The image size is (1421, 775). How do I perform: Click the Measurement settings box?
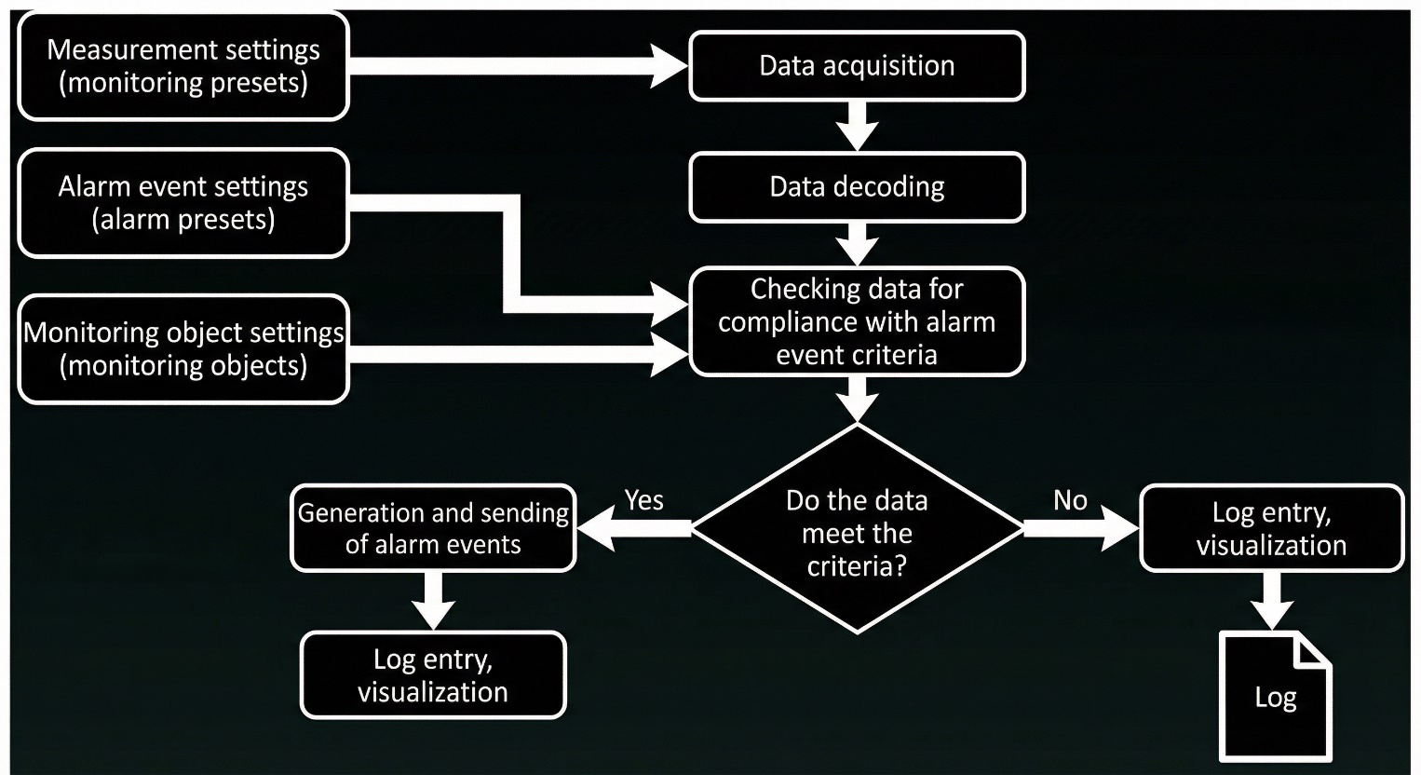point(183,66)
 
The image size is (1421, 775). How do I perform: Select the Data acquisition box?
point(857,66)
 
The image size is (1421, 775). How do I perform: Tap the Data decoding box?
point(857,187)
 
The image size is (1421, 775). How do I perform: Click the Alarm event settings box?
point(183,203)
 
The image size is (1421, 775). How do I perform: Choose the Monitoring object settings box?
point(183,349)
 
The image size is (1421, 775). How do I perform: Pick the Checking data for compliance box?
point(857,321)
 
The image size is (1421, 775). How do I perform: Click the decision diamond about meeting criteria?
point(857,528)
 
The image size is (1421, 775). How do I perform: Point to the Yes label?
point(644,500)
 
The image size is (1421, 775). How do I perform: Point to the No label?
point(1070,500)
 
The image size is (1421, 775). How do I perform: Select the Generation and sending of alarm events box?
point(433,528)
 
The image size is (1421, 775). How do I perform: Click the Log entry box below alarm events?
point(433,675)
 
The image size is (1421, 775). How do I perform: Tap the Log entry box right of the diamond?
point(1271,528)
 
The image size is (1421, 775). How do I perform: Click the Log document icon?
point(1276,697)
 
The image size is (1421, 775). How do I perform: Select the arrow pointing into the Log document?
point(1272,602)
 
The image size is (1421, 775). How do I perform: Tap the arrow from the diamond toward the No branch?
point(1080,528)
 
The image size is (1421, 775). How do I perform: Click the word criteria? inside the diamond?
point(857,566)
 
